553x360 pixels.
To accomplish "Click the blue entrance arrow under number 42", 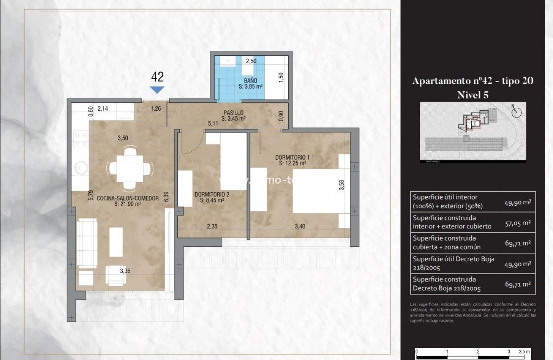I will (157, 90).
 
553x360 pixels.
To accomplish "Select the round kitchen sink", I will (80, 169).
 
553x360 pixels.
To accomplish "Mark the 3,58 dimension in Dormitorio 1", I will (342, 185).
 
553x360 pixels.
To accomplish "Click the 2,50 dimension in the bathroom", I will (251, 61).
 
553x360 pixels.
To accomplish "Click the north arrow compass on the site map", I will (517, 111).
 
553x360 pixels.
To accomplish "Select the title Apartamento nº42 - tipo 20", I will (473, 81).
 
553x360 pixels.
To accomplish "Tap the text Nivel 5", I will (473, 95).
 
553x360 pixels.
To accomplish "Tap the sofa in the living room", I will (87, 243).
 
